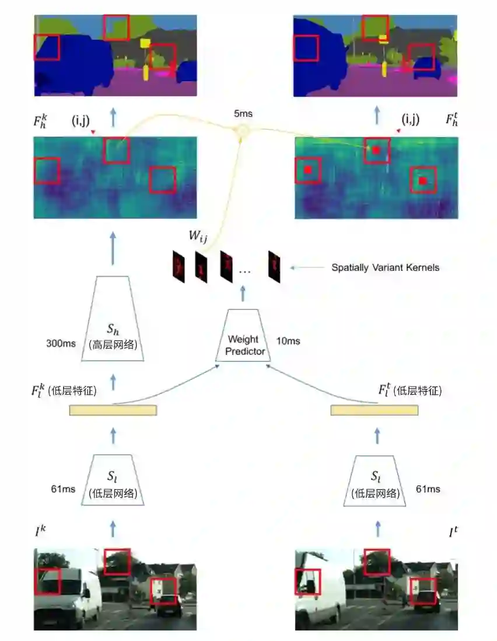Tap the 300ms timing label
click(61, 344)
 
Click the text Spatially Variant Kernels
click(385, 268)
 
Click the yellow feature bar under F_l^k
click(113, 410)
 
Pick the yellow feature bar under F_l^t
click(374, 410)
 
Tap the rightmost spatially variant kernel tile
click(274, 267)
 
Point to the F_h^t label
click(452, 120)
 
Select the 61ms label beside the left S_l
click(63, 489)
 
